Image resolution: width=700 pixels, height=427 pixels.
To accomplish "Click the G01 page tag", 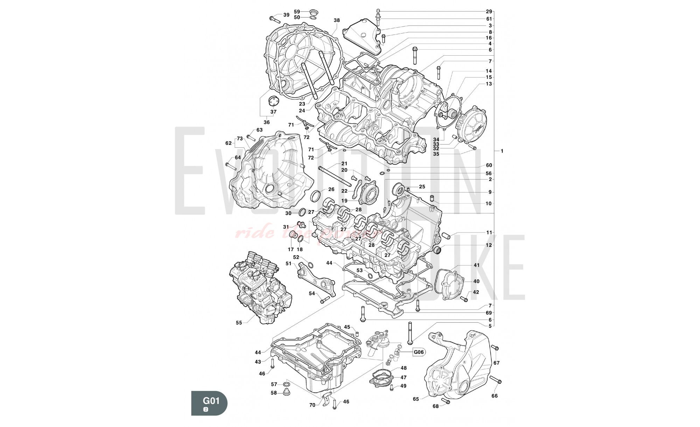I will click(x=211, y=400).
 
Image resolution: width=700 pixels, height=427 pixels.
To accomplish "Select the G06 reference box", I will click(x=418, y=352).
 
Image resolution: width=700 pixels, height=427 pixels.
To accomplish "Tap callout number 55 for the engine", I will click(x=239, y=323).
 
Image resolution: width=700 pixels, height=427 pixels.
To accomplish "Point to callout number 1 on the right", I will click(x=502, y=151).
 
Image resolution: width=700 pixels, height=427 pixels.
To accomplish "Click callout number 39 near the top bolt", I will click(x=286, y=15).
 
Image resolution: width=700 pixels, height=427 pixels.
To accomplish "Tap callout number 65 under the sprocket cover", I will click(x=416, y=399).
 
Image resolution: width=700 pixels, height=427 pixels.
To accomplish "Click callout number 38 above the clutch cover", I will click(x=337, y=21).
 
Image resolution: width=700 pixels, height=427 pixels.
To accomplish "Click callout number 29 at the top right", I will click(x=489, y=12).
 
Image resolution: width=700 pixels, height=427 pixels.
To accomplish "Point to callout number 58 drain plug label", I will click(x=274, y=393).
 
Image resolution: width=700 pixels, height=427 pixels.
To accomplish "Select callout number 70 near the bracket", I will click(x=312, y=405).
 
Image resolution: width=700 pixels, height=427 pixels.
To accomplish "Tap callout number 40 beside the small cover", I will click(x=476, y=281).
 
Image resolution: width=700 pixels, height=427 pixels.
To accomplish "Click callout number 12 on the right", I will click(x=489, y=245).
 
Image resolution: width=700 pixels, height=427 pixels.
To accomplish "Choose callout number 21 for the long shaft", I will click(x=344, y=163).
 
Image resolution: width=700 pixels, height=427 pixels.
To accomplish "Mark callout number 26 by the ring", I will click(x=331, y=189).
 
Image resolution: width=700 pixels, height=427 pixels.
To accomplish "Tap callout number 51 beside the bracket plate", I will click(x=288, y=263).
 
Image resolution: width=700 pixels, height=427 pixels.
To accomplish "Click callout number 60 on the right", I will click(x=489, y=165).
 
